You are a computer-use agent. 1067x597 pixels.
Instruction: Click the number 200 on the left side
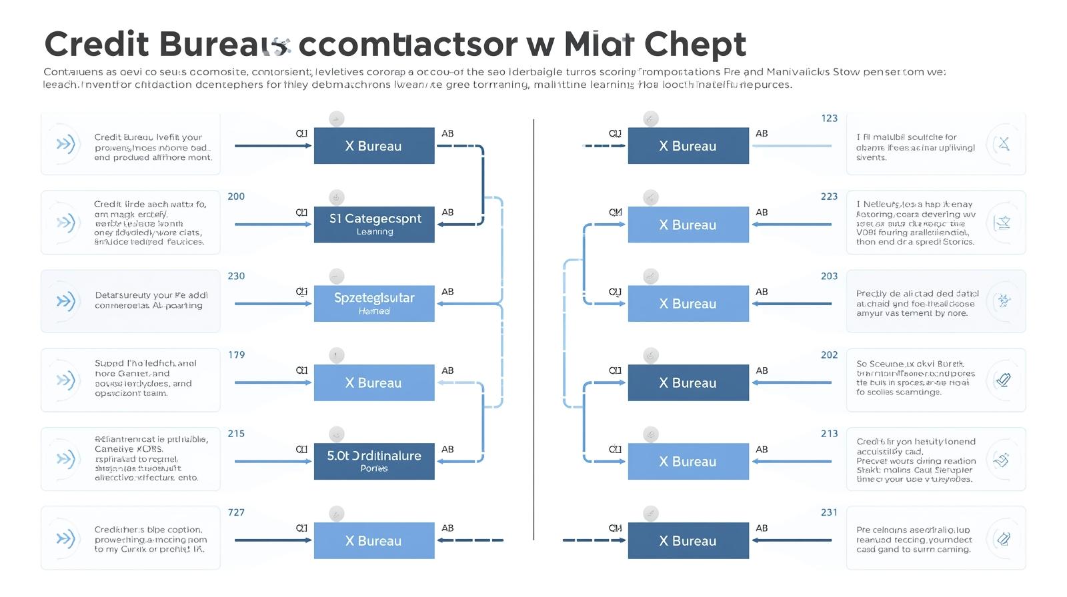click(236, 197)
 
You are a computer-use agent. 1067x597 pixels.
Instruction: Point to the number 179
click(236, 354)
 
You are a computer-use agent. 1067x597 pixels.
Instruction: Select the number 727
click(236, 512)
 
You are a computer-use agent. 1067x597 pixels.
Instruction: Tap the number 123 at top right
click(829, 119)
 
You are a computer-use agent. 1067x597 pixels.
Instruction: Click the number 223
click(829, 197)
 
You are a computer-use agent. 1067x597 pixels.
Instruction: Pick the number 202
click(829, 355)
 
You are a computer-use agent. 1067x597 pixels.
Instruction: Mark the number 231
click(829, 512)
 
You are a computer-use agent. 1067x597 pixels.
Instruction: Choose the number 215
click(236, 434)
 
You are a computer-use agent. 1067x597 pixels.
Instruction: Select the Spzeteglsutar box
click(374, 303)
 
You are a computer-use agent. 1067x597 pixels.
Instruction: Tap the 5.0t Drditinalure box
click(374, 461)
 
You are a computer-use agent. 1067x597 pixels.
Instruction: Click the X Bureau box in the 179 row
click(374, 382)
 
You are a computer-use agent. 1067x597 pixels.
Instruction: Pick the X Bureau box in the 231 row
click(688, 540)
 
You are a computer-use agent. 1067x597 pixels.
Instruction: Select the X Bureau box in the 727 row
click(374, 540)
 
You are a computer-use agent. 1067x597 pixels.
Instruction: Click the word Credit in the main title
click(97, 45)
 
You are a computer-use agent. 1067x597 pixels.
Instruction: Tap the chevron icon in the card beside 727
click(65, 538)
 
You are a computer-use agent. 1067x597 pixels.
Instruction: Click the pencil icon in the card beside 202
click(1003, 380)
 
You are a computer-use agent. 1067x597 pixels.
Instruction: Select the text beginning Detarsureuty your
click(151, 300)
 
